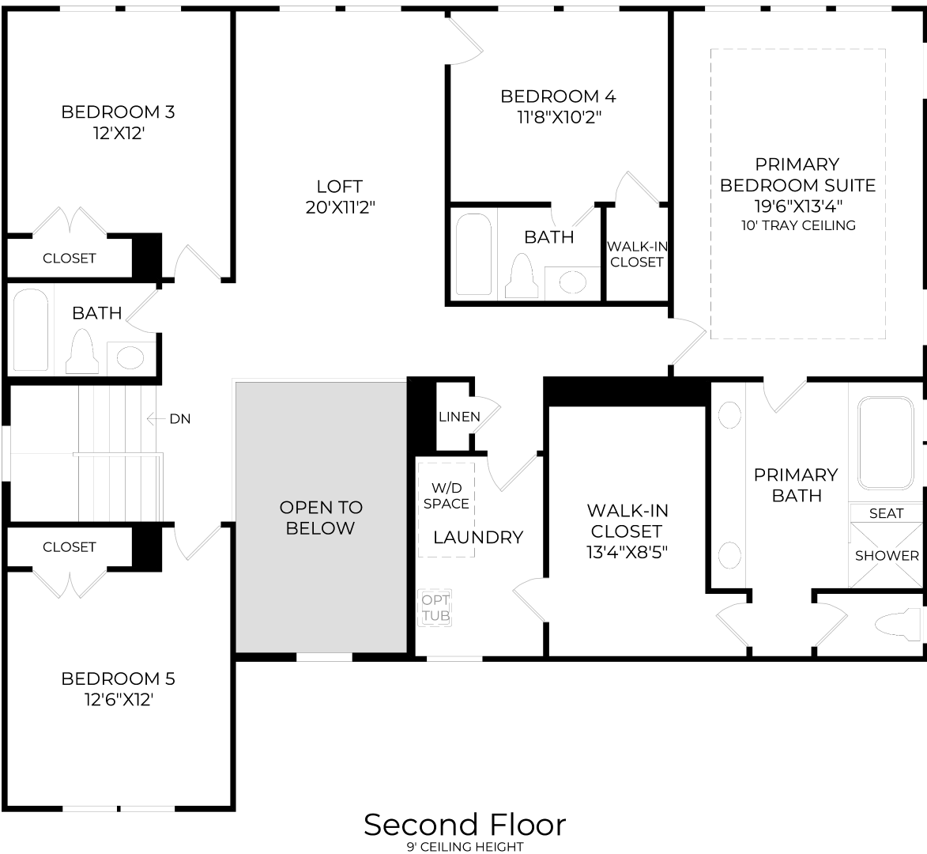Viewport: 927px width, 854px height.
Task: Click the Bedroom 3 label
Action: coord(118,112)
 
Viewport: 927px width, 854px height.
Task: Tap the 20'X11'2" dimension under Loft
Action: coord(339,208)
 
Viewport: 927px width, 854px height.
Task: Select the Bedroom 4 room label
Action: coord(558,96)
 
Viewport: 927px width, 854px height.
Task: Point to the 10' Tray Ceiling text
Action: coord(797,225)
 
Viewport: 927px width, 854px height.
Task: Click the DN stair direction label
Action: coord(180,419)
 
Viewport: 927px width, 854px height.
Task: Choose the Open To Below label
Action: coord(321,517)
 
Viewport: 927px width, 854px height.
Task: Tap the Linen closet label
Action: coord(459,417)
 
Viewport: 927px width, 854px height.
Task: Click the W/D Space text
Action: coord(446,496)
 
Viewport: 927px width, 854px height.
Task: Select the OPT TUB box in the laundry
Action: coord(435,608)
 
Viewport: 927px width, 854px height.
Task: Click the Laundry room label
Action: coord(478,538)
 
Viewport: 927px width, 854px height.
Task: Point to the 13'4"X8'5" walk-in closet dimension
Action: coord(627,553)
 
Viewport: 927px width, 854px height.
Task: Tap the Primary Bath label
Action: coord(795,485)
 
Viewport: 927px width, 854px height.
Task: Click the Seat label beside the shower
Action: coord(886,513)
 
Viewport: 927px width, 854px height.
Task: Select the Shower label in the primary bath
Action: coord(887,556)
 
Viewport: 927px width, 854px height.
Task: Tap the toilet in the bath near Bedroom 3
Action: coord(82,353)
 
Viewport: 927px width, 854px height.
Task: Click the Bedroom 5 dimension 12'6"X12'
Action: coord(118,700)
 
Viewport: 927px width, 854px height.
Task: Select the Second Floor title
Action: coord(465,825)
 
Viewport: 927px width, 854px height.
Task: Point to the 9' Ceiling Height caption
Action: coord(465,847)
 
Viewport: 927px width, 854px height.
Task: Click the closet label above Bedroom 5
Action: coord(70,547)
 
